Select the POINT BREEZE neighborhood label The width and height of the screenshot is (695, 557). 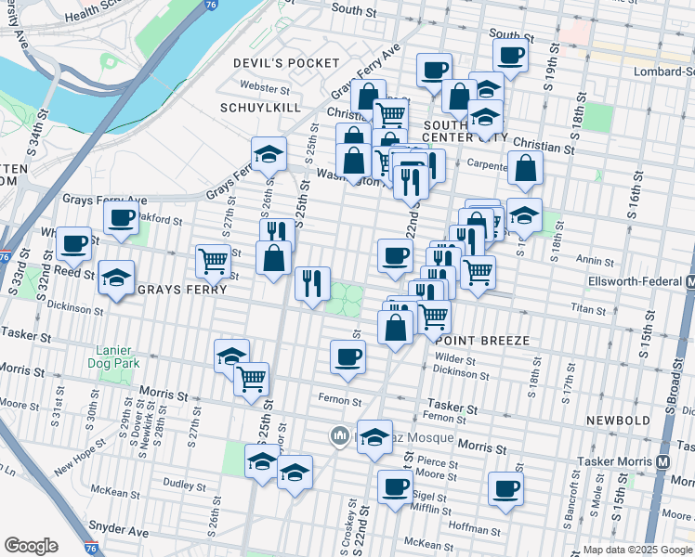click(482, 341)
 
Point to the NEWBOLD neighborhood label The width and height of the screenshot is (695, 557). click(618, 421)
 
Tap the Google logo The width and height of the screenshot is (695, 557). click(31, 546)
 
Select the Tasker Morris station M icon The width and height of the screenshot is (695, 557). click(663, 460)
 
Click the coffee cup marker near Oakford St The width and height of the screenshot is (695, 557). click(120, 219)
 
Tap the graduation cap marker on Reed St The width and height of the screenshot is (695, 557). click(117, 277)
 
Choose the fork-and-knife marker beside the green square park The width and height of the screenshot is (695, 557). click(312, 281)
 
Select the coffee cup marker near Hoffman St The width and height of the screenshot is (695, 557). click(505, 488)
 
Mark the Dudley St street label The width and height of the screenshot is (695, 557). click(183, 485)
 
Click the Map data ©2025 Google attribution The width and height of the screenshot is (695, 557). click(636, 549)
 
